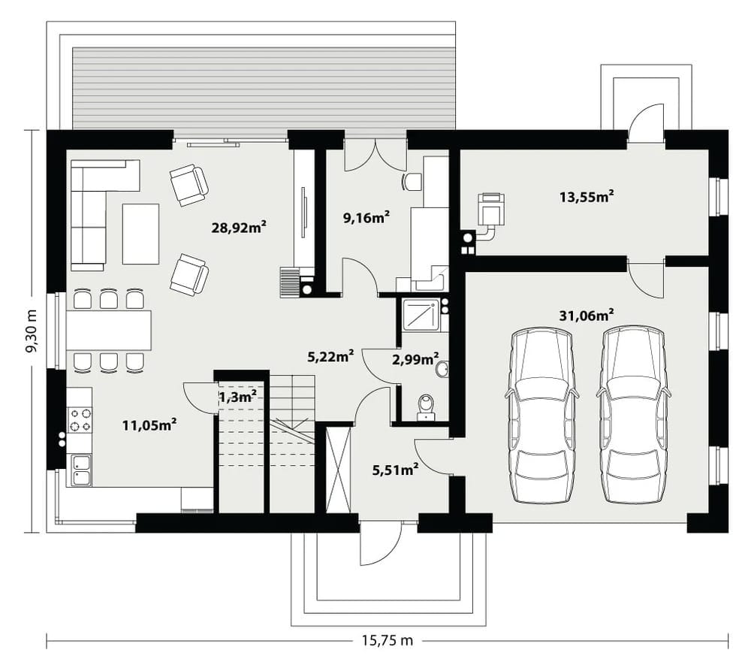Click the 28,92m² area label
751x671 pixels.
coord(239,227)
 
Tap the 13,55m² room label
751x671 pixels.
coord(587,197)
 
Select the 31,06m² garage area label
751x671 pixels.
coord(587,316)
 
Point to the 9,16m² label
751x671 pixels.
coord(366,218)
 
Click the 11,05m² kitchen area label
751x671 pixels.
coord(150,425)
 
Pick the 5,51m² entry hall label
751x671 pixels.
coord(396,470)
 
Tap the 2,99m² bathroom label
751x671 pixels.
coord(416,358)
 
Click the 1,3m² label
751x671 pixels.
coord(238,397)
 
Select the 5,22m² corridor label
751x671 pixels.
coord(330,356)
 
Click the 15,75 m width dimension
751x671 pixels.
coord(387,640)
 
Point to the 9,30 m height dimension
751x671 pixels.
coord(32,331)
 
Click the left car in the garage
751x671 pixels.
coord(541,415)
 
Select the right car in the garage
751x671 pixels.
coord(633,415)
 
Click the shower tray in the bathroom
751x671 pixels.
coord(421,315)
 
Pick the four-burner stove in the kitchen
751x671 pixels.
coord(80,420)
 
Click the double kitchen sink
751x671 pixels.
coord(81,470)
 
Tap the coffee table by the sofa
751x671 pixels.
coord(140,234)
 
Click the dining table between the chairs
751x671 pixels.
coord(109,330)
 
